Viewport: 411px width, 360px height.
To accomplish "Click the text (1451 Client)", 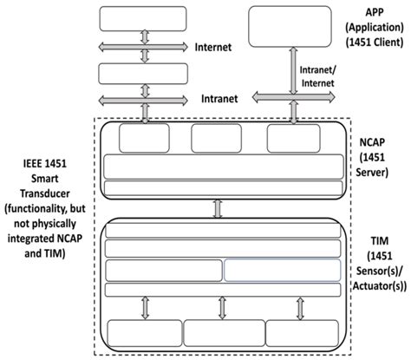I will pos(375,42).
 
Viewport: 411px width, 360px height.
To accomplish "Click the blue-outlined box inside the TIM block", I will pos(282,270).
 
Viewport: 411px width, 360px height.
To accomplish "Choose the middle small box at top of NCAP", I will pos(216,137).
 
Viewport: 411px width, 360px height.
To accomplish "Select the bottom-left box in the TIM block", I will pos(142,333).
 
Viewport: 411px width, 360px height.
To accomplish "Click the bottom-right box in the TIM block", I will pos(299,333).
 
